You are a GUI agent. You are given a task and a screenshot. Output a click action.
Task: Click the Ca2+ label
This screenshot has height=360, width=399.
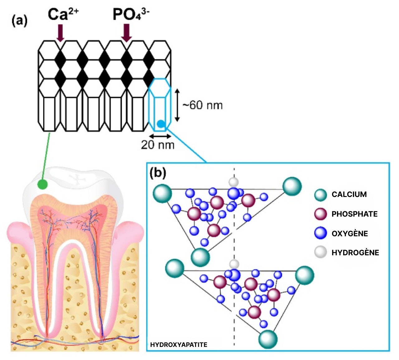point(63,15)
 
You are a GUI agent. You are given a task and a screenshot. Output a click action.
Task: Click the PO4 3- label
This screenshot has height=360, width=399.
point(131,15)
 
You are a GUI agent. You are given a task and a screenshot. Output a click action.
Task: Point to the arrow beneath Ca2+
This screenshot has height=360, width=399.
point(60,33)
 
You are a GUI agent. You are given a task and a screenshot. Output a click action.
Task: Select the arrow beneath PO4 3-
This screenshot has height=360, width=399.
point(127,33)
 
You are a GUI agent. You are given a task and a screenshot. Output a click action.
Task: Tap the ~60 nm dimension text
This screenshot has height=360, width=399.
point(203,105)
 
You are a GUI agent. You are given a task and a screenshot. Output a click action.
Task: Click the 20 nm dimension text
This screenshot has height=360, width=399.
point(157,145)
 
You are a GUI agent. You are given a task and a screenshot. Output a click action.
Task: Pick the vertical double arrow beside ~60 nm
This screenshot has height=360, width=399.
point(177,105)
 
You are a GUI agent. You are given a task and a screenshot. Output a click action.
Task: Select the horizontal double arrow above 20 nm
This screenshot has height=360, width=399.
point(160,136)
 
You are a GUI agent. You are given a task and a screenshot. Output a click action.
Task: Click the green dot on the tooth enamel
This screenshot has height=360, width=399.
point(42,184)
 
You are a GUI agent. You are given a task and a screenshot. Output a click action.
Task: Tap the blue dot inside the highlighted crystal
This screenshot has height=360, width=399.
point(161,124)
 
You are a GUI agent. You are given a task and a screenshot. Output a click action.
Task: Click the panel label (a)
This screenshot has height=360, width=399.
point(20,21)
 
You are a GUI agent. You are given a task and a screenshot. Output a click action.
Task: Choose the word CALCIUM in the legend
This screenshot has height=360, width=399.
point(349,194)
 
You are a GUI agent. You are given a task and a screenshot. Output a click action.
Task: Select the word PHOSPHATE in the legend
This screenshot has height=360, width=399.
point(354,214)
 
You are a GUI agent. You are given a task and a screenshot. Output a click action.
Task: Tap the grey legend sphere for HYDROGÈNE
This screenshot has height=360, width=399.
point(321,252)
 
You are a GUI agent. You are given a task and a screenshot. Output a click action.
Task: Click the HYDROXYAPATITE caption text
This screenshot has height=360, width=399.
point(179,344)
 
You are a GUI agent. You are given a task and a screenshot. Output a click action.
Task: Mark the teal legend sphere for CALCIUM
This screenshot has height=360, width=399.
point(321,195)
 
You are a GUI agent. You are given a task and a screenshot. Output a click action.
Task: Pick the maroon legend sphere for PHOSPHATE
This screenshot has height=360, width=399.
point(321,214)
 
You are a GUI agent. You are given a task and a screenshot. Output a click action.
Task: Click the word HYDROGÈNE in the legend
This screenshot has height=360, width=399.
point(355,252)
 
